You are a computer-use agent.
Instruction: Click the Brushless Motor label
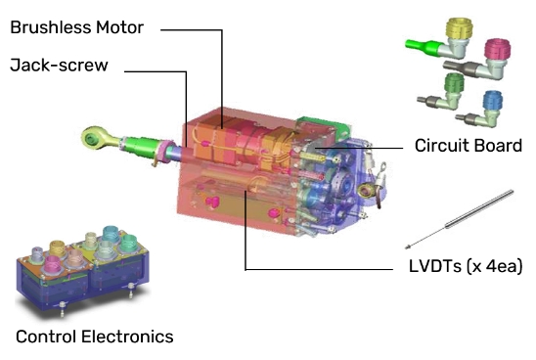point(77,27)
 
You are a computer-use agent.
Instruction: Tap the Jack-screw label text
point(59,65)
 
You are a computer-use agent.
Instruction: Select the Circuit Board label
point(469,146)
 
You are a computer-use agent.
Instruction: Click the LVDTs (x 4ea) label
point(466,266)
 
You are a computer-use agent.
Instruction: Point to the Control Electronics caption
point(95,337)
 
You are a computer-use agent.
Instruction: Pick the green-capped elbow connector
point(442,92)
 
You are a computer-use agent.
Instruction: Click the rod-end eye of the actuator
point(93,138)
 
